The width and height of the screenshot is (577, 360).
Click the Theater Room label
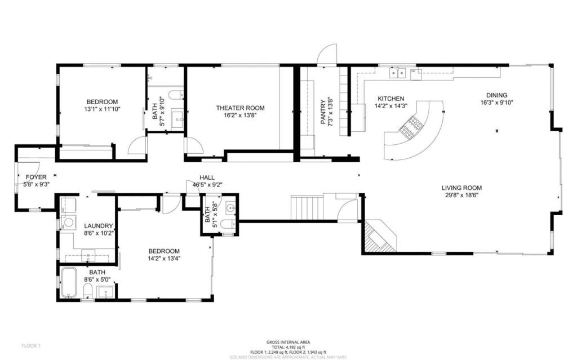(x=240, y=108)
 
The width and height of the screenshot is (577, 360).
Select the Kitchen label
(x=390, y=99)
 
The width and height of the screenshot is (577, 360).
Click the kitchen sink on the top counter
(x=399, y=72)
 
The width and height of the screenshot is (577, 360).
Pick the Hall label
(x=207, y=177)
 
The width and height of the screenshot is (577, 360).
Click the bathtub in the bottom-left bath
(x=69, y=283)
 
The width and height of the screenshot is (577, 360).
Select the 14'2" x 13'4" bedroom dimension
(x=163, y=259)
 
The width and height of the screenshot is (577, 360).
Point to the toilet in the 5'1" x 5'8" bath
(x=227, y=225)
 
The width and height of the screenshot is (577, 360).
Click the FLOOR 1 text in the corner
(x=31, y=345)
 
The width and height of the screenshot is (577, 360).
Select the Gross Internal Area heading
(x=288, y=342)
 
